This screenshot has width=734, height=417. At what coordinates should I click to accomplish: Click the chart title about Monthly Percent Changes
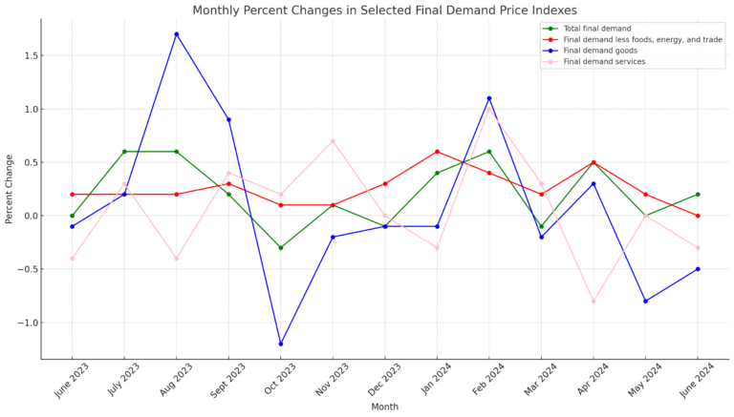[x=384, y=10]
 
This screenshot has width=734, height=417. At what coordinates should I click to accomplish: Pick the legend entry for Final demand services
[x=604, y=62]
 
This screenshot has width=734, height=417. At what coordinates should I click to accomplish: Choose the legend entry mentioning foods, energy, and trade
[x=642, y=39]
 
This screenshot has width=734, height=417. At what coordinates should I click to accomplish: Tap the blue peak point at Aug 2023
[x=176, y=34]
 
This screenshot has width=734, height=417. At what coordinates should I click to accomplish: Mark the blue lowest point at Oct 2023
[x=281, y=344]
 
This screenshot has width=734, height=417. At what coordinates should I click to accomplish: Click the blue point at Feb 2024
[x=489, y=98]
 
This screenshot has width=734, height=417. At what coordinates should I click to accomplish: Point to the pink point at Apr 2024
[x=594, y=301]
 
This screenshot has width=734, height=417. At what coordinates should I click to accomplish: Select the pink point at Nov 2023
[x=333, y=141]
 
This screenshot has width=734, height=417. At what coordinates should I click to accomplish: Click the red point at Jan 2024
[x=437, y=152]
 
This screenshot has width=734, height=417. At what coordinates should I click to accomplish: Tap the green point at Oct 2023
[x=281, y=248]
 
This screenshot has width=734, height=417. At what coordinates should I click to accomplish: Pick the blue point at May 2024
[x=645, y=301]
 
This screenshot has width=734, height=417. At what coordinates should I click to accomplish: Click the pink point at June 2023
[x=72, y=259]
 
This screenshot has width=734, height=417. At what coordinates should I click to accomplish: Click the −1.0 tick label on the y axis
[x=25, y=323]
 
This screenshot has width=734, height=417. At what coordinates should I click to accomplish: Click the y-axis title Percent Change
[x=10, y=189]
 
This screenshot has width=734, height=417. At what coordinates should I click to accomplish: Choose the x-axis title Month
[x=384, y=407]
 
